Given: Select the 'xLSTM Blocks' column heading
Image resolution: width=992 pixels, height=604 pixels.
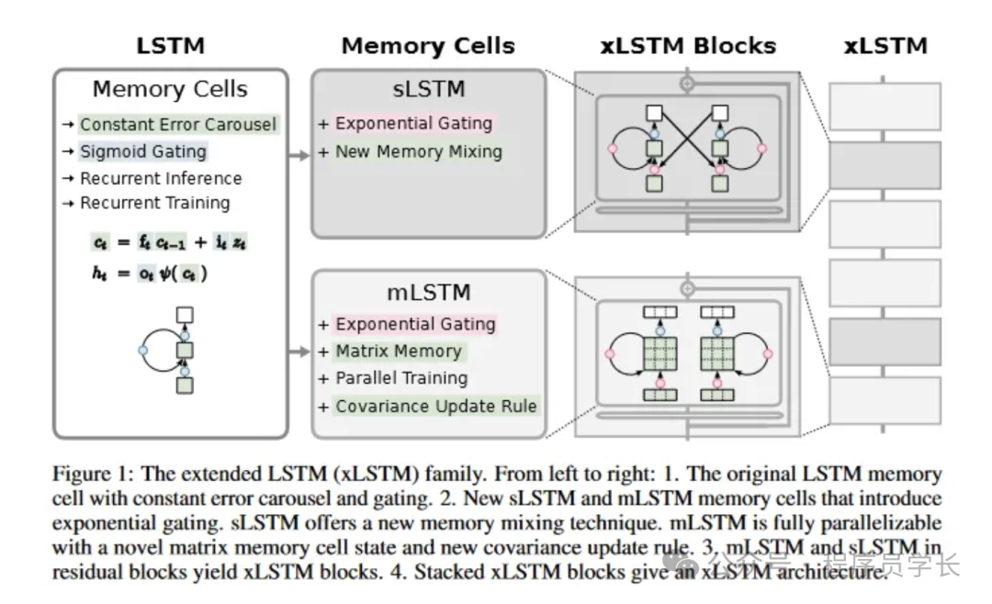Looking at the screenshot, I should coord(688,45).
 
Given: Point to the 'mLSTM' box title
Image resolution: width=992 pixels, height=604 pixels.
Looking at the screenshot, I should coord(430,293).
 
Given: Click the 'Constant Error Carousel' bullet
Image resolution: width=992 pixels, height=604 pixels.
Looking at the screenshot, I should coord(177,124).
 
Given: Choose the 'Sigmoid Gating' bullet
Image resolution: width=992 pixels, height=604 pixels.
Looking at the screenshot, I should coord(142,151).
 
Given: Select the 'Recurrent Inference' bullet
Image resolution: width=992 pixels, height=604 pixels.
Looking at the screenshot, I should coord(161,178).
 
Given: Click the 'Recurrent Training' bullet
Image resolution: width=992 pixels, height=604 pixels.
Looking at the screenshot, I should coord(154,203).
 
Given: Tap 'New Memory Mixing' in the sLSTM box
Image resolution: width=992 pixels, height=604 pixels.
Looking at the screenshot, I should coord(418,151).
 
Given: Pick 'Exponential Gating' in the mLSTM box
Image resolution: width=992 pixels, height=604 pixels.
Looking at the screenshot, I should coord(415,324).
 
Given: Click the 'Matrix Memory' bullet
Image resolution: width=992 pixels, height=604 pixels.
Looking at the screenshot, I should coord(398,351).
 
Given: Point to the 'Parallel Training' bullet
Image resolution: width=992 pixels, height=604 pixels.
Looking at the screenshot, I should coord(400,378).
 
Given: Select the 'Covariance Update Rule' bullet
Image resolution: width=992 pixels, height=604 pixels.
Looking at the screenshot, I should coord(435,406).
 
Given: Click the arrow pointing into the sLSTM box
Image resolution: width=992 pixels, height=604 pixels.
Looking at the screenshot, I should coord(299,156).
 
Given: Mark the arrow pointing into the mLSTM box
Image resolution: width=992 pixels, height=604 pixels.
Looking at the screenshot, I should coord(299,352).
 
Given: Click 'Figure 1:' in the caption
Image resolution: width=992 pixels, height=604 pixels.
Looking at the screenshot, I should coord(88,475).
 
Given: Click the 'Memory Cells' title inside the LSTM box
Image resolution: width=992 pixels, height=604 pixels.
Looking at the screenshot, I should coord(170,89).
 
